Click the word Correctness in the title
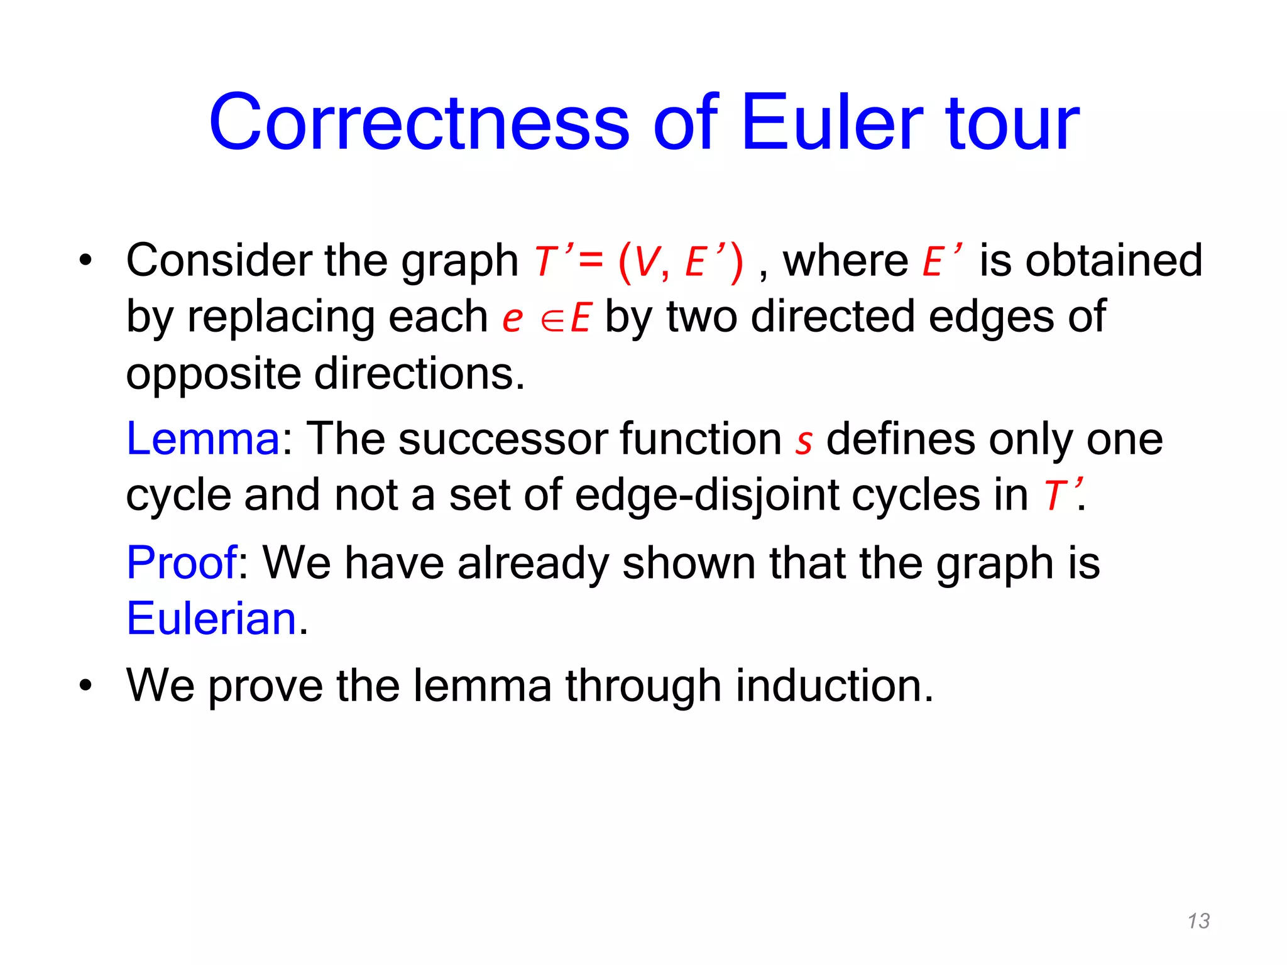pyautogui.click(x=419, y=123)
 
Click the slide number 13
pyautogui.click(x=1198, y=921)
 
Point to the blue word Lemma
pyautogui.click(x=203, y=439)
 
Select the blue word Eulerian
pyautogui.click(x=212, y=619)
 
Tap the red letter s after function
pyautogui.click(x=804, y=442)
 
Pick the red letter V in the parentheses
pyautogui.click(x=647, y=262)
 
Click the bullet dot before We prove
pyautogui.click(x=85, y=685)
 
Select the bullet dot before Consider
pyautogui.click(x=85, y=260)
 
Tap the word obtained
pyautogui.click(x=1114, y=260)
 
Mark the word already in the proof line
pyautogui.click(x=533, y=564)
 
